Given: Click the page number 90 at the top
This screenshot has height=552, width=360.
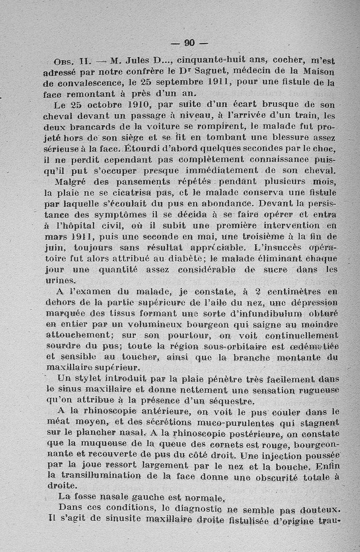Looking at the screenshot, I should click(x=189, y=43).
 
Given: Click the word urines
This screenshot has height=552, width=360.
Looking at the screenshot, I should click(x=61, y=280).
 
